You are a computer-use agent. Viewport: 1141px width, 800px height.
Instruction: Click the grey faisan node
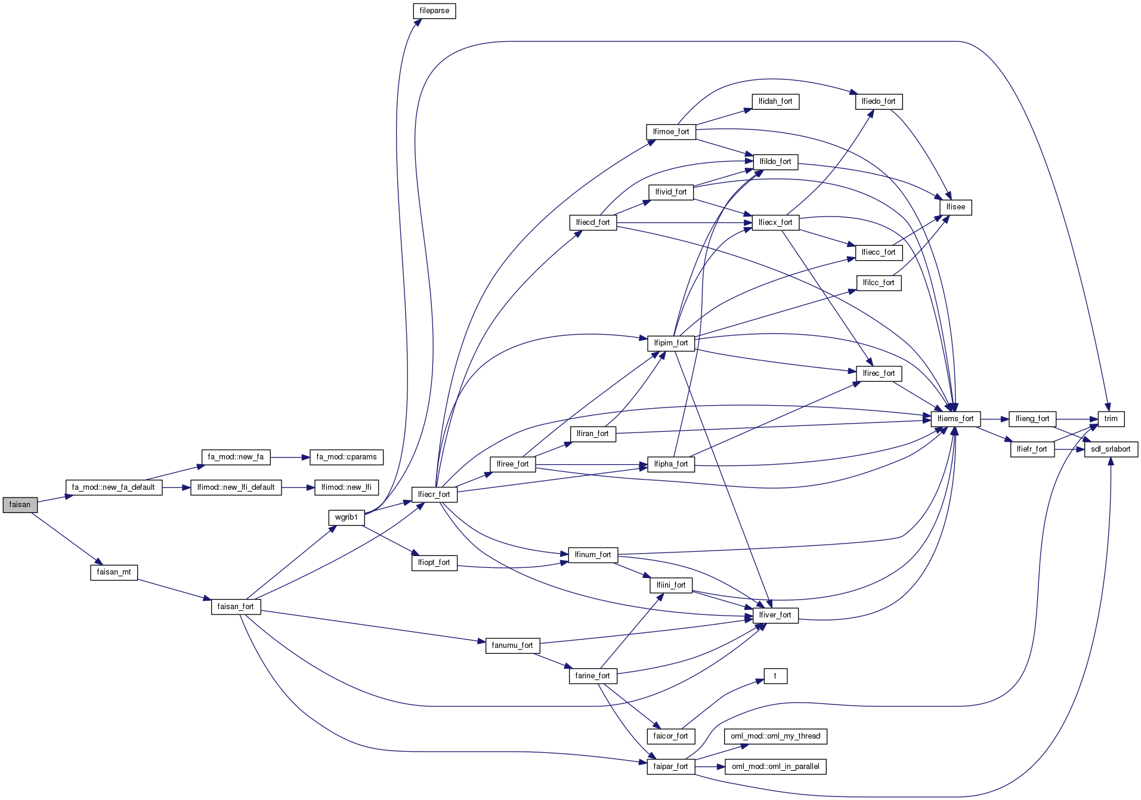click(20, 505)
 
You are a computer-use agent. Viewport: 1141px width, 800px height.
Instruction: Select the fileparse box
click(434, 11)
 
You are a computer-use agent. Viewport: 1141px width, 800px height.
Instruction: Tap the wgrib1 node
click(346, 517)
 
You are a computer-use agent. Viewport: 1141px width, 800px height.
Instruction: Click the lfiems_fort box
click(955, 419)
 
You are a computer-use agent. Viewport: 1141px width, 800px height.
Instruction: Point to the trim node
click(1111, 419)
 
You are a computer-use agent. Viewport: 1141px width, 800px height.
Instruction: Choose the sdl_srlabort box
click(1111, 449)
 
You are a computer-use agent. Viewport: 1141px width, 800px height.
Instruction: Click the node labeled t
click(775, 676)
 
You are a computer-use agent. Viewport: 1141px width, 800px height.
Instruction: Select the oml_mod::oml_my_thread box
click(775, 736)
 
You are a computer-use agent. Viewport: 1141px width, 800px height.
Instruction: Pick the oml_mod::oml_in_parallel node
click(775, 767)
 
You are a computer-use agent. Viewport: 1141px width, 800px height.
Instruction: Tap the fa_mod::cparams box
click(347, 457)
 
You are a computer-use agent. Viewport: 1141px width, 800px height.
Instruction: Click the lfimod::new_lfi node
click(347, 487)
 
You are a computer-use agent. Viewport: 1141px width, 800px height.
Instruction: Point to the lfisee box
click(956, 207)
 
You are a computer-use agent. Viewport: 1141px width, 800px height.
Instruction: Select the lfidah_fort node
click(775, 101)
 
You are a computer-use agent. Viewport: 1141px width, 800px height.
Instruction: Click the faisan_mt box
click(114, 572)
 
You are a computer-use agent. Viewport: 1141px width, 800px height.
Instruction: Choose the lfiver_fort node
click(775, 615)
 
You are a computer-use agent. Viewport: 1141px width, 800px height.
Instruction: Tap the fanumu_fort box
click(512, 645)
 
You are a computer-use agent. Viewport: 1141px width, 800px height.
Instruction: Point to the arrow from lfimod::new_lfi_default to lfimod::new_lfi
click(298, 487)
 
